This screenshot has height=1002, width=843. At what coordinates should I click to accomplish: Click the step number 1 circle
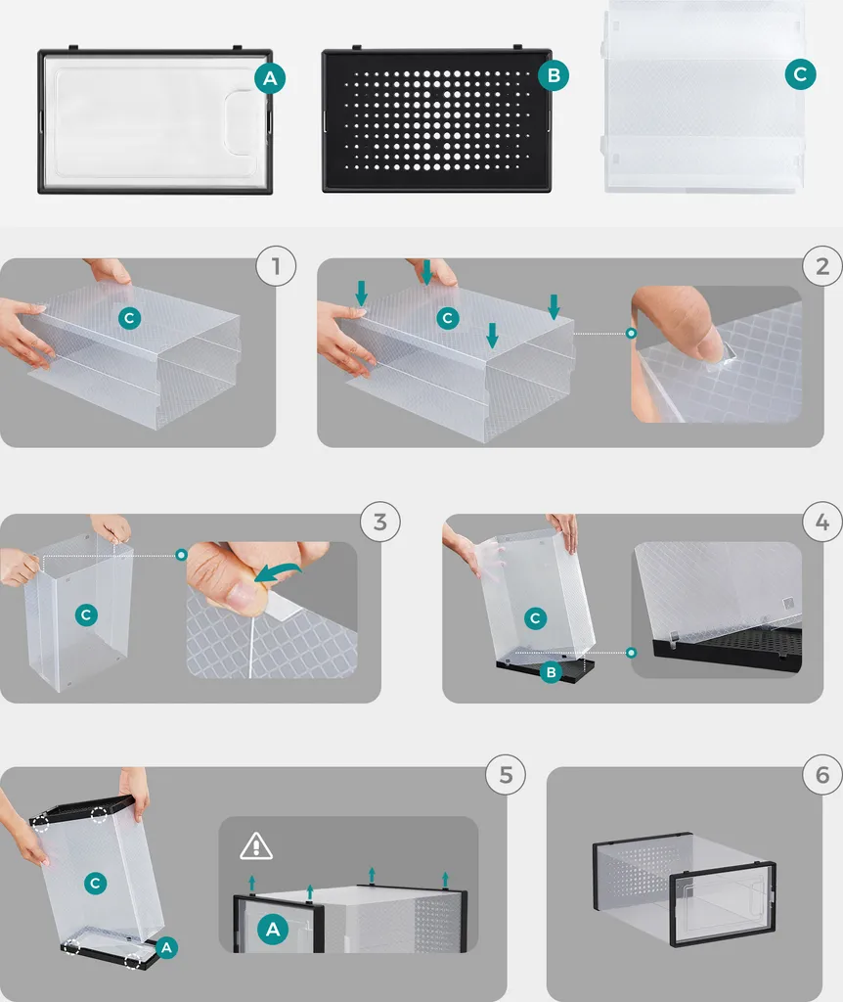pyautogui.click(x=276, y=266)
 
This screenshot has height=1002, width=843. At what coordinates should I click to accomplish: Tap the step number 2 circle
pyautogui.click(x=822, y=266)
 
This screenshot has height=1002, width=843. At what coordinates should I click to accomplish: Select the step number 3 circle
pyautogui.click(x=380, y=522)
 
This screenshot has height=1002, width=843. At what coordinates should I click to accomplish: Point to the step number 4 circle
pyautogui.click(x=822, y=522)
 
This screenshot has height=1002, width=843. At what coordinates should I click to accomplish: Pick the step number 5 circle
pyautogui.click(x=506, y=775)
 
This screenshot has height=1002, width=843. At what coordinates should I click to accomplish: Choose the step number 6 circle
pyautogui.click(x=822, y=775)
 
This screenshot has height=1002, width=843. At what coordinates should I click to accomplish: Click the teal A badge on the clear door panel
pyautogui.click(x=270, y=78)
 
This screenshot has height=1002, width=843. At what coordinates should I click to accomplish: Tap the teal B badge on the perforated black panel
pyautogui.click(x=554, y=75)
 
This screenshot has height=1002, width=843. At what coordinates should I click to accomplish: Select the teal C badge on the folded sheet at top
pyautogui.click(x=800, y=74)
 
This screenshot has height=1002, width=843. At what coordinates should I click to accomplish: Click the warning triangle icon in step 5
pyautogui.click(x=256, y=846)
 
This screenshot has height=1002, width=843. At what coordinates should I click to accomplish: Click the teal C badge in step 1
pyautogui.click(x=130, y=318)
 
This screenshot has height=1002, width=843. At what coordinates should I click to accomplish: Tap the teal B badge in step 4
pyautogui.click(x=551, y=672)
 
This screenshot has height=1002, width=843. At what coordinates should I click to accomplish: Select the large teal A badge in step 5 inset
pyautogui.click(x=273, y=930)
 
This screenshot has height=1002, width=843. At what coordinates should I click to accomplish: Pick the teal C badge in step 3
pyautogui.click(x=86, y=615)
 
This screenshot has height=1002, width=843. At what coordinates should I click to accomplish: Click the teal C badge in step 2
pyautogui.click(x=448, y=318)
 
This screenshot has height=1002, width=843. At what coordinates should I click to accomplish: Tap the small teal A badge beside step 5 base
pyautogui.click(x=166, y=947)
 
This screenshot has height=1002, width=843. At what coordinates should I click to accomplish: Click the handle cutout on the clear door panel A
pyautogui.click(x=245, y=121)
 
